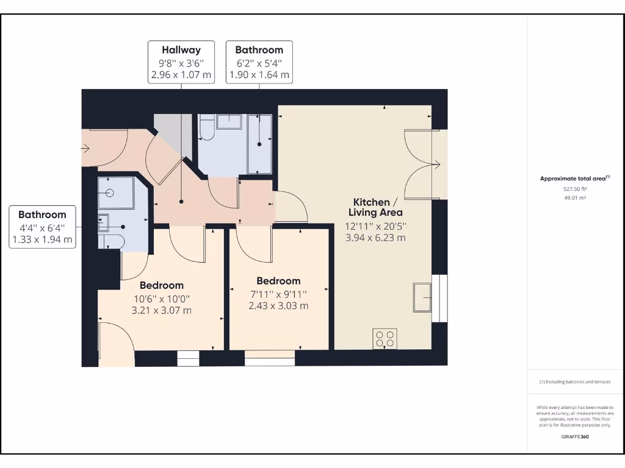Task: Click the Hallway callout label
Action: [181, 50]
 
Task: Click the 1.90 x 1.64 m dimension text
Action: [259, 76]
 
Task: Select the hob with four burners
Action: [385, 339]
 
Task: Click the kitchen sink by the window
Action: [423, 297]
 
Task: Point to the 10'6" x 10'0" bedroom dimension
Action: [162, 299]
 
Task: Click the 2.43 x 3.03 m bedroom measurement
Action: [278, 306]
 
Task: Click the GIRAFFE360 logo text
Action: [575, 436]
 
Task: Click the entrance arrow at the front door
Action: [85, 148]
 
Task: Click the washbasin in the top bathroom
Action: [229, 121]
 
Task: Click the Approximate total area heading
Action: [574, 179]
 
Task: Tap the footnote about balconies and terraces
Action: [574, 382]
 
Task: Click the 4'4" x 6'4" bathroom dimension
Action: [42, 227]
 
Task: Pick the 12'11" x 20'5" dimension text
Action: [377, 225]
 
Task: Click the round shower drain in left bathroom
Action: [110, 193]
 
